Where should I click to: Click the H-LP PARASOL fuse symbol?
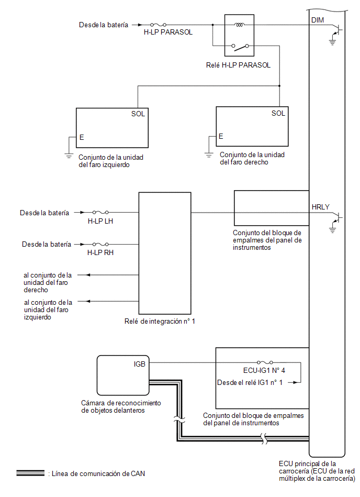(159, 25)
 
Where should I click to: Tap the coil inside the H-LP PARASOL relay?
(239, 25)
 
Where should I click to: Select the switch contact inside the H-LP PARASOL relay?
(240, 47)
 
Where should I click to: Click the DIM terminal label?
(318, 20)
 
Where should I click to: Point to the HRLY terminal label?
(320, 207)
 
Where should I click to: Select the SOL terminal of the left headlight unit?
(138, 114)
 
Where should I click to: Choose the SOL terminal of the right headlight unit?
(278, 113)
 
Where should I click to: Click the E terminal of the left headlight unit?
(82, 137)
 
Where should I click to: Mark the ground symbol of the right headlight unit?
(209, 155)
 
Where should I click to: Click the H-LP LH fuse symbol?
(100, 213)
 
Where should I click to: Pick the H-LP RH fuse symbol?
(100, 245)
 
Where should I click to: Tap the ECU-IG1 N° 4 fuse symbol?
(265, 362)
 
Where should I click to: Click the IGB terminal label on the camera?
(139, 364)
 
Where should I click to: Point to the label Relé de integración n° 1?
(160, 322)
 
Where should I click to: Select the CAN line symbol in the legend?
(30, 473)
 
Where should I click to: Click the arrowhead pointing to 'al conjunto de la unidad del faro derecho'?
(88, 275)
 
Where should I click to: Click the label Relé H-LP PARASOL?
(238, 65)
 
